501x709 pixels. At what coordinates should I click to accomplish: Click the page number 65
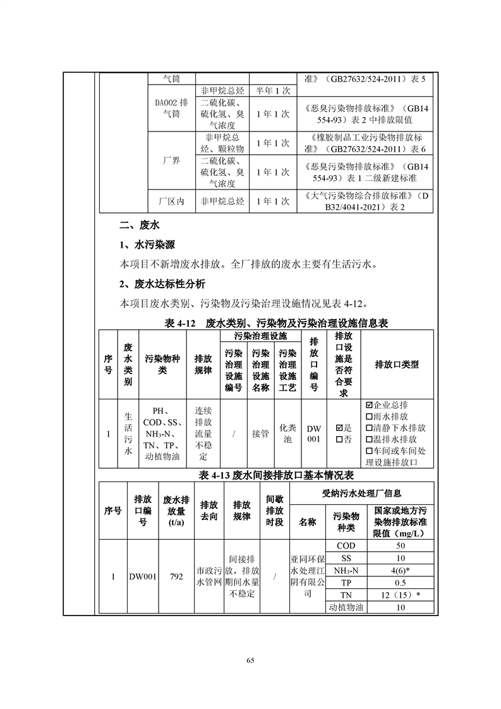(x=250, y=660)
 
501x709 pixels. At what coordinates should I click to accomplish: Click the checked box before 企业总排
(x=369, y=404)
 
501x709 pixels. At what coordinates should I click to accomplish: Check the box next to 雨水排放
(x=369, y=416)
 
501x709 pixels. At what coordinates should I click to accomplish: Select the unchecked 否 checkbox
(x=339, y=439)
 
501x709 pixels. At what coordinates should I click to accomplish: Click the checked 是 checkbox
(x=339, y=428)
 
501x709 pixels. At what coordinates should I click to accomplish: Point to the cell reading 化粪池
(x=287, y=433)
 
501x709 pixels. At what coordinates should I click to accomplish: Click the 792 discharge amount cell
(x=176, y=576)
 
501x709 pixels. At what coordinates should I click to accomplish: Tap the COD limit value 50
(x=401, y=545)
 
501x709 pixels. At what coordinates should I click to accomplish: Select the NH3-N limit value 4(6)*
(x=401, y=571)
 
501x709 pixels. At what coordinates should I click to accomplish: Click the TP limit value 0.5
(x=401, y=583)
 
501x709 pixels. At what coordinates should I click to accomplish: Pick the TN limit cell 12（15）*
(x=401, y=595)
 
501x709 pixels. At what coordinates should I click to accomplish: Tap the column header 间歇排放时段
(x=274, y=511)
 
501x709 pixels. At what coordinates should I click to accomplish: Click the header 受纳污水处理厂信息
(x=361, y=493)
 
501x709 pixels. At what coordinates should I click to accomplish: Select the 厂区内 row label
(x=171, y=202)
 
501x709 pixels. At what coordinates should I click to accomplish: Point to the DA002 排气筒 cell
(x=171, y=108)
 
